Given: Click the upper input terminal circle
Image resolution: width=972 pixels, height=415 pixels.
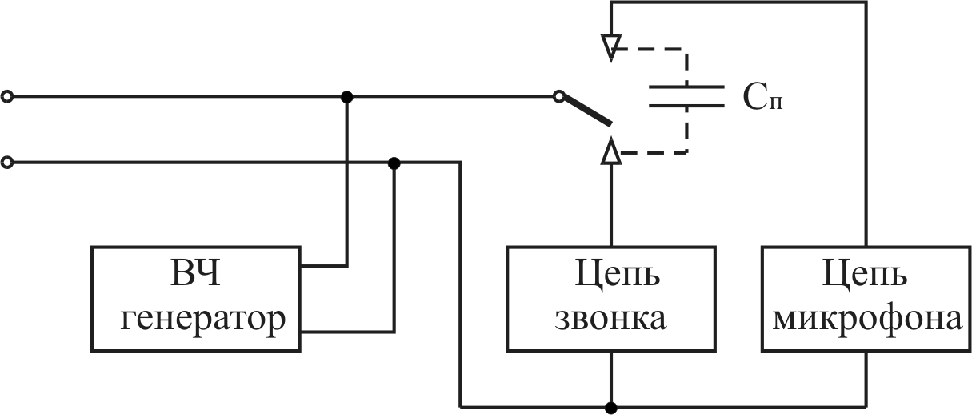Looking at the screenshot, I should click(7, 97).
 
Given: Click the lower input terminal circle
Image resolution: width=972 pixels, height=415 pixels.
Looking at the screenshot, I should click(7, 163).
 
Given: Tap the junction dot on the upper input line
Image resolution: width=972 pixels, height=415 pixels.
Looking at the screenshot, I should click(346, 97).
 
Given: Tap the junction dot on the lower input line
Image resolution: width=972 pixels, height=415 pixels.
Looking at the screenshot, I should click(394, 163).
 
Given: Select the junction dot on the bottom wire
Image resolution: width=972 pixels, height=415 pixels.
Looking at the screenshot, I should click(611, 407).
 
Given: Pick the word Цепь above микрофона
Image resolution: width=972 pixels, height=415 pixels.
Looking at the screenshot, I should click(866, 276).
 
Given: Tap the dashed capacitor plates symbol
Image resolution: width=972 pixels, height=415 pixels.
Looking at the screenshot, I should click(686, 96).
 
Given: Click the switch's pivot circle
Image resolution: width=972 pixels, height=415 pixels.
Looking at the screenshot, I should click(558, 97).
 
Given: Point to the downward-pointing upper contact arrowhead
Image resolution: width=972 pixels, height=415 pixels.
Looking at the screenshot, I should click(611, 46).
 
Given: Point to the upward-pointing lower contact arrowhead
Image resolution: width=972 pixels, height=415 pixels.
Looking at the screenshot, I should click(611, 150).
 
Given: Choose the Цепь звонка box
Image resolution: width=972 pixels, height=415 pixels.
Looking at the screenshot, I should click(610, 298).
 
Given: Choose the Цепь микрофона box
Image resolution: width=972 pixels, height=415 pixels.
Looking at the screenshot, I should click(866, 298).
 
